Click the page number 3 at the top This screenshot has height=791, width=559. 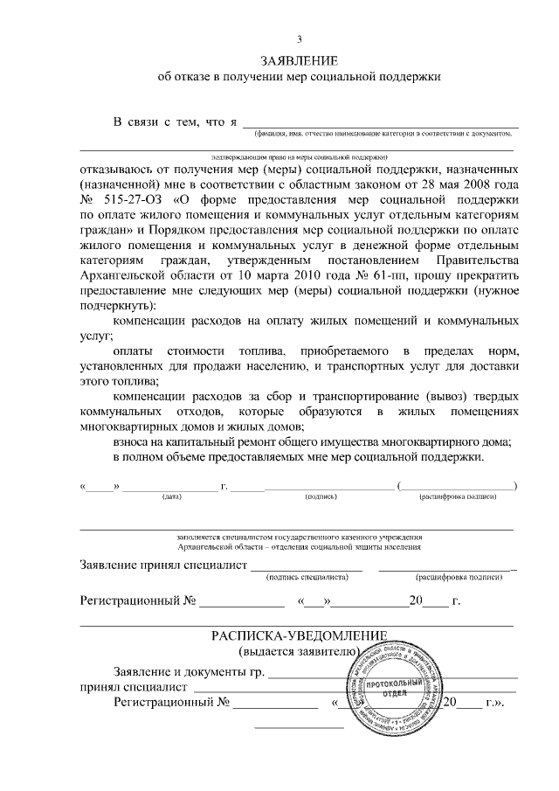[299, 38]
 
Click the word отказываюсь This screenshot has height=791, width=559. [118, 166]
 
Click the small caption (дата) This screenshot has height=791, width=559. [171, 496]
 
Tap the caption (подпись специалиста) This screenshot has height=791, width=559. [307, 577]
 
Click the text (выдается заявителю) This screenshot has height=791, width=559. [298, 652]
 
